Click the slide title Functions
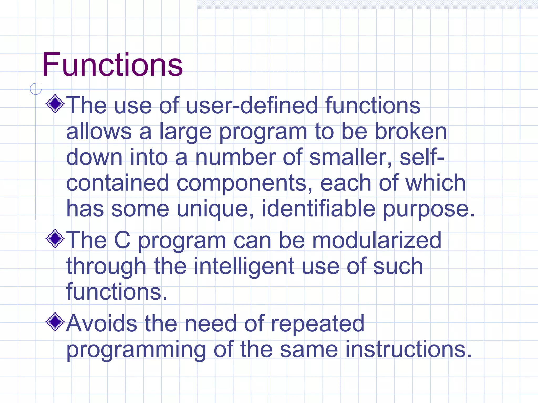[112, 65]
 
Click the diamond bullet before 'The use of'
[55, 104]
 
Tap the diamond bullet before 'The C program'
[55, 239]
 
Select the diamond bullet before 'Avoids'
[55, 322]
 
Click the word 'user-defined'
[252, 105]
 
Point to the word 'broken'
[411, 131]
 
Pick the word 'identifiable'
[318, 209]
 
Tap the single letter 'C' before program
[122, 240]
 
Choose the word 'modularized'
[377, 240]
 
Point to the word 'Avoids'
[102, 324]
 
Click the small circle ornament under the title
[36, 89]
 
